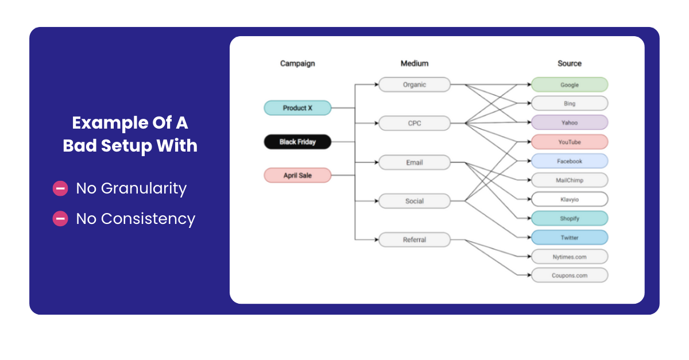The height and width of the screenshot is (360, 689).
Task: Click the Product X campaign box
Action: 297,108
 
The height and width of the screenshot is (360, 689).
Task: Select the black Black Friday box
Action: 297,142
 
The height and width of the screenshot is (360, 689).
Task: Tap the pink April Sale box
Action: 297,176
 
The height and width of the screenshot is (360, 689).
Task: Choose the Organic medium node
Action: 414,84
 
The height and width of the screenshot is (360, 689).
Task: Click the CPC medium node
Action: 414,123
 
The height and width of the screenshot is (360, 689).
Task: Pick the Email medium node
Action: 414,162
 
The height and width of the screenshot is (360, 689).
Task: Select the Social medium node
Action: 414,202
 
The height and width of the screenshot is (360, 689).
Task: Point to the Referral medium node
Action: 414,240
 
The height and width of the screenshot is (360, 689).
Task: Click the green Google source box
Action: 569,85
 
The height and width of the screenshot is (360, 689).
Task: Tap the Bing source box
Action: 569,104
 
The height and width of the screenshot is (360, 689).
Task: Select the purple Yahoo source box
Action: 569,123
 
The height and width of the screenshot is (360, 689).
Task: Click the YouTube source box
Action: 569,142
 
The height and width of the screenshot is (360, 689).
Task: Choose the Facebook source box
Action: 569,161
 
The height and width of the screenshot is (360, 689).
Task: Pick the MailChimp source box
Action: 569,180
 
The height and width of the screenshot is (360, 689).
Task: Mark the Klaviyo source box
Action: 569,199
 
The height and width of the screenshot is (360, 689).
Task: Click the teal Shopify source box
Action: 569,219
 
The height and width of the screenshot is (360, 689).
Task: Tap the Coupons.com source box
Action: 569,276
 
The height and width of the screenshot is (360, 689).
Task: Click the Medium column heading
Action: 414,64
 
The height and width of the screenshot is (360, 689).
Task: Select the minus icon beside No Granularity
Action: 60,188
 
